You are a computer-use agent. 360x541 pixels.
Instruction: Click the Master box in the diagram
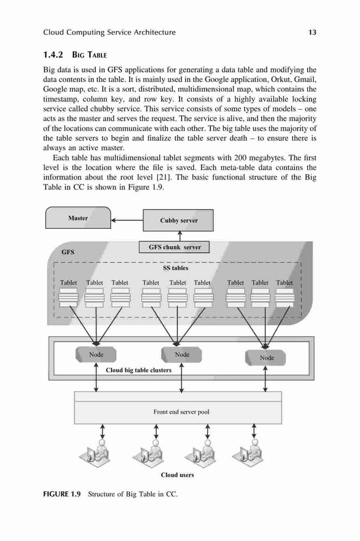click(78, 217)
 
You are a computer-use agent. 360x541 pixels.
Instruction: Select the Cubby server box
click(178, 220)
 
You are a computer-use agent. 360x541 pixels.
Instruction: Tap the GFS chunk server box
click(174, 247)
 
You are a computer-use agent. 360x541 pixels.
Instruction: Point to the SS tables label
click(176, 268)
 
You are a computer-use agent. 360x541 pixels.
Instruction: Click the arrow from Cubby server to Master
click(127, 220)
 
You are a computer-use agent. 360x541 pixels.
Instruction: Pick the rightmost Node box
click(265, 358)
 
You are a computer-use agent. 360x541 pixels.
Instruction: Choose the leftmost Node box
click(96, 354)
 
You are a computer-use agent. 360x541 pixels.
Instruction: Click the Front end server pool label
click(182, 412)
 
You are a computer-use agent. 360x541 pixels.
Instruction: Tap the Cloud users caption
click(177, 475)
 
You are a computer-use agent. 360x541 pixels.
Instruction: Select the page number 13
click(312, 32)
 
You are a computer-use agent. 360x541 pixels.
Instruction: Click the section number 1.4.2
click(53, 55)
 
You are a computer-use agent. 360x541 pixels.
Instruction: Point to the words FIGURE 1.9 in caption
click(62, 494)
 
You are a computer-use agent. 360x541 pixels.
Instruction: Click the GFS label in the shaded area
click(68, 252)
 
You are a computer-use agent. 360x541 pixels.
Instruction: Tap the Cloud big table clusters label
click(138, 370)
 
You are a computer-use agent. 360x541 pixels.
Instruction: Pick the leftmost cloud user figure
click(94, 452)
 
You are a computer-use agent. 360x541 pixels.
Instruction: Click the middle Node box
click(182, 354)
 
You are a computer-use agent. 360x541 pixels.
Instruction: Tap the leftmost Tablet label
click(68, 282)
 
